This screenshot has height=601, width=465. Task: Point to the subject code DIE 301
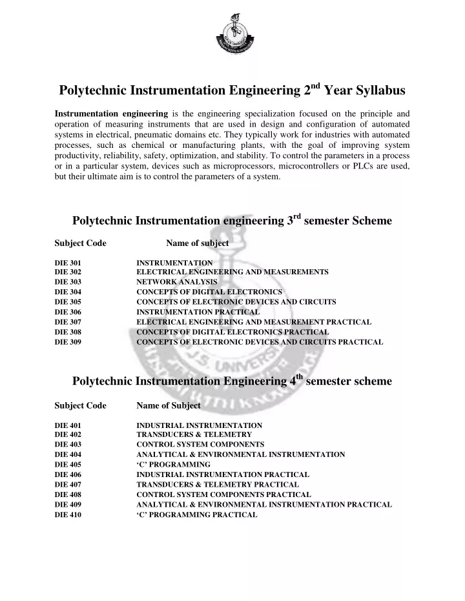click(68, 263)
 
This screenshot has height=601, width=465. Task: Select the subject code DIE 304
click(68, 292)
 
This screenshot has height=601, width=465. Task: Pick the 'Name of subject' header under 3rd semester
click(197, 243)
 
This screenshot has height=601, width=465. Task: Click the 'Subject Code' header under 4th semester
click(81, 405)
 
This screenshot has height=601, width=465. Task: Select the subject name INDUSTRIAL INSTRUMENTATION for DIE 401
click(199, 425)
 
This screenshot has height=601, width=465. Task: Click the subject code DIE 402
click(68, 435)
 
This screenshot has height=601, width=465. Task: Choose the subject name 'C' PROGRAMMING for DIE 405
click(173, 464)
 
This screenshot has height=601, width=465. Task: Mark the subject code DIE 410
click(68, 514)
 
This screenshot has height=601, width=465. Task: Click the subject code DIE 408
click(68, 494)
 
